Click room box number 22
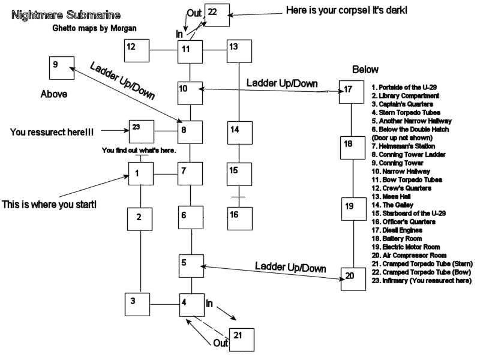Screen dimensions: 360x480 [217, 14]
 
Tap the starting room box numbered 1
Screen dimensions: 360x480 [140, 175]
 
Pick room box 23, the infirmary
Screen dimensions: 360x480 [142, 131]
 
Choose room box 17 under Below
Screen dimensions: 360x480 [352, 92]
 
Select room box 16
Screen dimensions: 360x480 [239, 218]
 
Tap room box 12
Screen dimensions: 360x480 [137, 50]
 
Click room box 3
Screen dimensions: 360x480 [137, 304]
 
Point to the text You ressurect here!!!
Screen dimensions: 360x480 [53, 131]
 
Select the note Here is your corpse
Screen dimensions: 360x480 [339, 10]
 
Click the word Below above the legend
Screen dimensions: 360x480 [365, 69]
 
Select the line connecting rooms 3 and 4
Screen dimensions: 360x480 [165, 304]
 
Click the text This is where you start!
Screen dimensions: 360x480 [49, 205]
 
